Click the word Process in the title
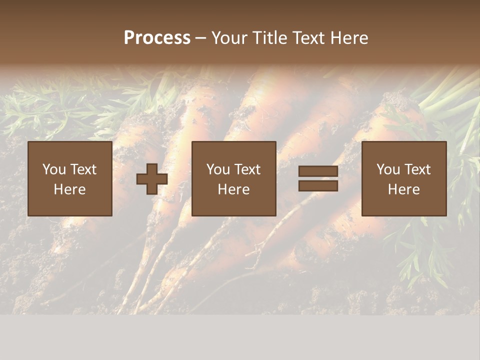pyautogui.click(x=157, y=38)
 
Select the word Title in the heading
pyautogui.click(x=270, y=38)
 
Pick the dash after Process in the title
pyautogui.click(x=200, y=38)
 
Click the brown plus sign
pyautogui.click(x=152, y=179)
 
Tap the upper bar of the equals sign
pyautogui.click(x=318, y=171)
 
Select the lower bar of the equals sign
pyautogui.click(x=318, y=186)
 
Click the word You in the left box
pyautogui.click(x=54, y=169)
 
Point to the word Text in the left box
pyautogui.click(x=83, y=169)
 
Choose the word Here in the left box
pyautogui.click(x=69, y=189)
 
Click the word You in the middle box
pyautogui.click(x=218, y=169)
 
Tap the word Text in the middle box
pyautogui.click(x=247, y=169)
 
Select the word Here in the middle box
pyautogui.click(x=233, y=189)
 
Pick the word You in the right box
pyautogui.click(x=388, y=169)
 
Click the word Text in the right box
pyautogui.click(x=417, y=169)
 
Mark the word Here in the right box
pyautogui.click(x=403, y=189)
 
